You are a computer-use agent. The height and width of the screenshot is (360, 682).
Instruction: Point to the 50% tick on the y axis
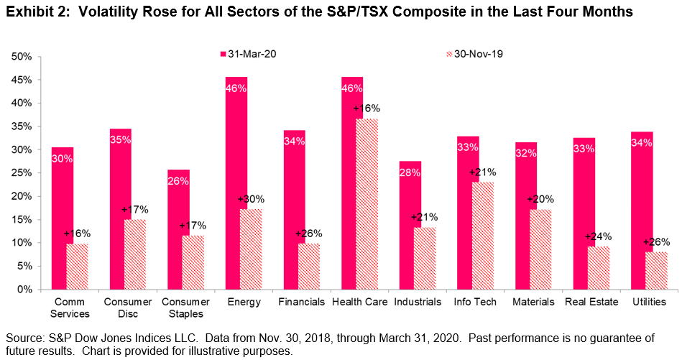point(23,57)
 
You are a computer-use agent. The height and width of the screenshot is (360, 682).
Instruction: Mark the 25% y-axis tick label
point(23,173)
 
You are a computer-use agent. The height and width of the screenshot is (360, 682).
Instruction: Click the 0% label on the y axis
point(26,290)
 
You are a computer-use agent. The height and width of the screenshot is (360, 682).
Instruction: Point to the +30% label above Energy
point(251,200)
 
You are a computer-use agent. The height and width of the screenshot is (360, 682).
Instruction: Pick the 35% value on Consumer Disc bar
point(120,140)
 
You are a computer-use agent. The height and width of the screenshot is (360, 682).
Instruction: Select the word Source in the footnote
point(24,338)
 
